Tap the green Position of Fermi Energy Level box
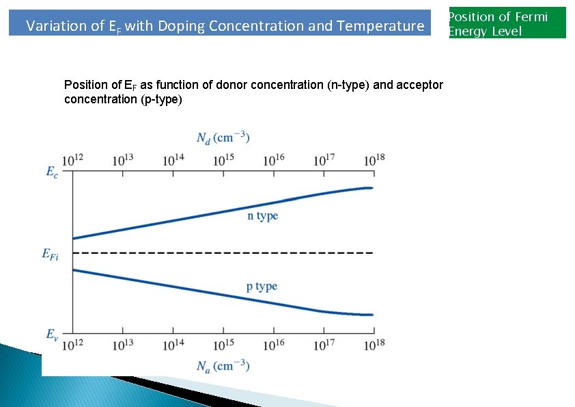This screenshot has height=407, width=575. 507,23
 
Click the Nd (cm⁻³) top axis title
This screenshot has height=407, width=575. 223,137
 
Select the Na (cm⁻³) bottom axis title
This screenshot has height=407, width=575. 223,365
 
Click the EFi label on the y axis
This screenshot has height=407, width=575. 50,254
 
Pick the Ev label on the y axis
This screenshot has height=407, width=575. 53,334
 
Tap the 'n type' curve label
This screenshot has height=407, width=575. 262,215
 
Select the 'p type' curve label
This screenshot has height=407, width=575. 262,286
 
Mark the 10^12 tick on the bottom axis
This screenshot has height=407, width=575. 72,345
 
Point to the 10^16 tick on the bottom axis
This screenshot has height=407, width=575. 274,345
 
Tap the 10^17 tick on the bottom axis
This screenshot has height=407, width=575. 324,345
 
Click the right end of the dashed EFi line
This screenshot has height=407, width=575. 371,253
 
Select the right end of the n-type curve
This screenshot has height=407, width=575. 371,188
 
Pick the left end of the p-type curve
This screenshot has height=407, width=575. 74,270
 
